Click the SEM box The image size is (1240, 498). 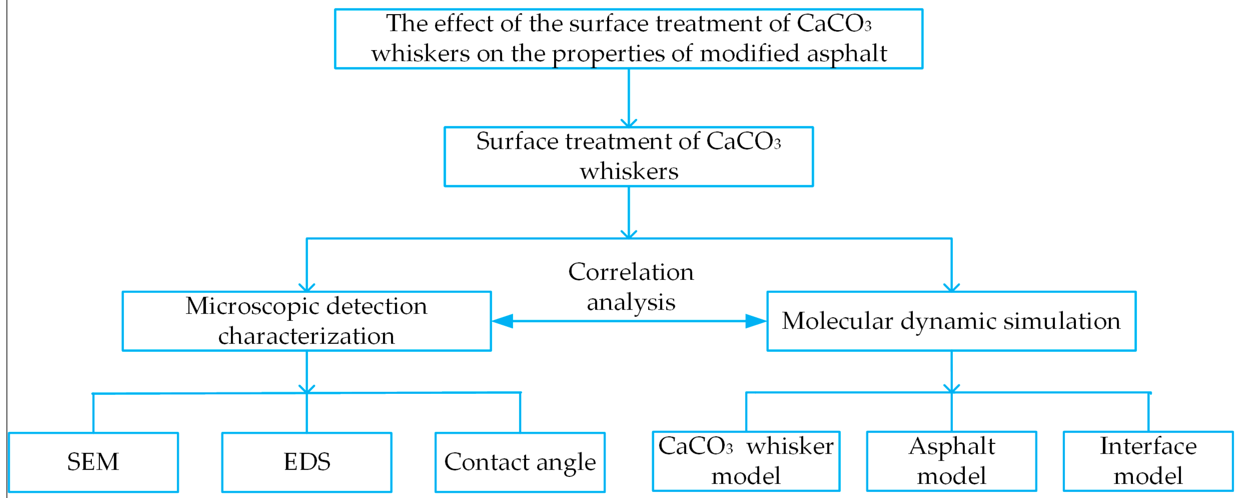[x=93, y=462]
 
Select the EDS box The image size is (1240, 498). [x=306, y=462]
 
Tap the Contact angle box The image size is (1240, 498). [x=520, y=462]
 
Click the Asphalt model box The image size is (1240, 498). [x=951, y=461]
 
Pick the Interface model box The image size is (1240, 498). [x=1148, y=461]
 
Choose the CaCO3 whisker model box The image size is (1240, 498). [x=746, y=461]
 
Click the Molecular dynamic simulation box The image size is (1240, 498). [x=951, y=321]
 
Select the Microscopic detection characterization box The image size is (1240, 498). [x=306, y=321]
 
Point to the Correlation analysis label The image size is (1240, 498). [x=631, y=287]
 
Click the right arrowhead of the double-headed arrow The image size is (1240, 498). [x=756, y=321]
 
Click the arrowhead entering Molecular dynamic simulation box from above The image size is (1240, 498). [x=951, y=288]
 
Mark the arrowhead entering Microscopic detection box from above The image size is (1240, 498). [x=306, y=288]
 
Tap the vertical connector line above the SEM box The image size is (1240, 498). [x=93, y=413]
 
